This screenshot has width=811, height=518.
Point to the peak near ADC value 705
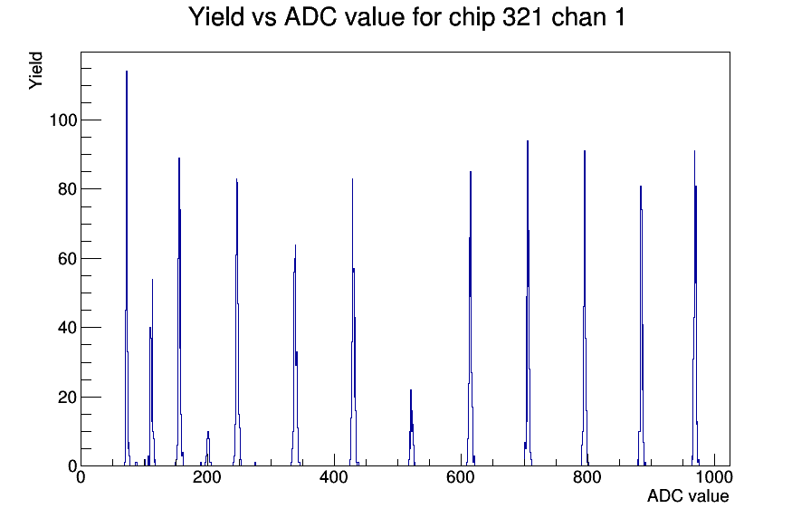(528, 303)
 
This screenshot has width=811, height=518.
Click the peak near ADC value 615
(471, 319)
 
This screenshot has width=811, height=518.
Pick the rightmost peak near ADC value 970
(695, 309)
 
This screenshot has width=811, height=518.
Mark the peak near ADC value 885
(642, 326)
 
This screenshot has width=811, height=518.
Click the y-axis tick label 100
(63, 120)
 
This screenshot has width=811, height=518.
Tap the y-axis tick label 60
(68, 259)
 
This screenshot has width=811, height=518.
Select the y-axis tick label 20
(68, 398)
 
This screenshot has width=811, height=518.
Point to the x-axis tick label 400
(334, 477)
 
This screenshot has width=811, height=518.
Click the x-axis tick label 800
(587, 477)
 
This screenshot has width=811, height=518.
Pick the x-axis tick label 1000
(714, 477)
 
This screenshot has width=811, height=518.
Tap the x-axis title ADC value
(688, 496)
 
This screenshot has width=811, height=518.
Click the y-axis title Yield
(35, 71)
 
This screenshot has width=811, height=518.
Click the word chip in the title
(471, 18)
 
